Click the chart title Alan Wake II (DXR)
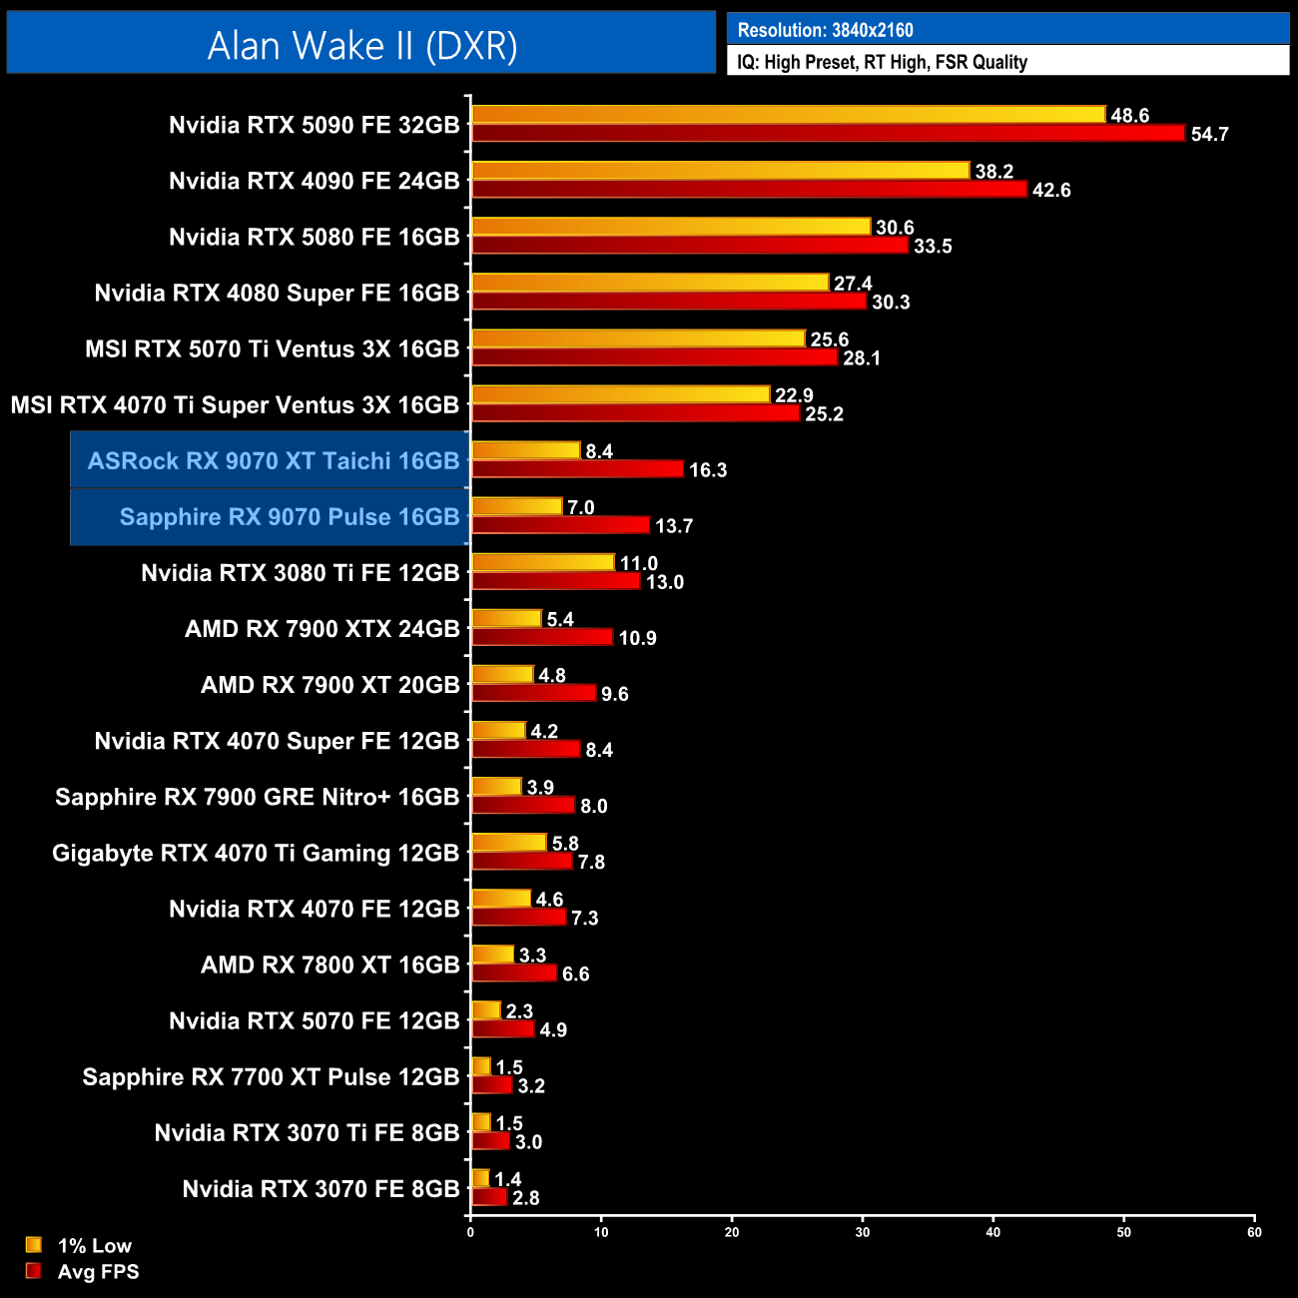click(x=361, y=45)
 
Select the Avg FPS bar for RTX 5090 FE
click(x=828, y=134)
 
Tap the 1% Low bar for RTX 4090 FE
click(x=720, y=171)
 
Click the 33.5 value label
click(x=933, y=247)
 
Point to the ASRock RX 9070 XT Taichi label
click(x=273, y=460)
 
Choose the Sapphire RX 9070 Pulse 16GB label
click(x=289, y=516)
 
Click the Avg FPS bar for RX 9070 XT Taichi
click(x=577, y=469)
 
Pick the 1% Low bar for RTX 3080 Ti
click(x=542, y=563)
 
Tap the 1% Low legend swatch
click(x=34, y=1245)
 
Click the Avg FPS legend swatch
click(x=34, y=1271)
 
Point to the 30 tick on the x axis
click(x=863, y=1232)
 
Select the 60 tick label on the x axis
click(x=1254, y=1232)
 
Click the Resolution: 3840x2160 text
click(x=825, y=30)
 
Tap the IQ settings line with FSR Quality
click(x=882, y=62)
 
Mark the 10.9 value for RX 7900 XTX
click(x=637, y=638)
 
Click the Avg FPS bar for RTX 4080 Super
click(x=669, y=302)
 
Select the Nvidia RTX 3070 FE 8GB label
click(x=321, y=1189)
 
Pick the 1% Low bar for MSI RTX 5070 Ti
click(x=638, y=338)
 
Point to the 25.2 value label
click(x=824, y=414)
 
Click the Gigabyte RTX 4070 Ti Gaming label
click(x=256, y=853)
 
